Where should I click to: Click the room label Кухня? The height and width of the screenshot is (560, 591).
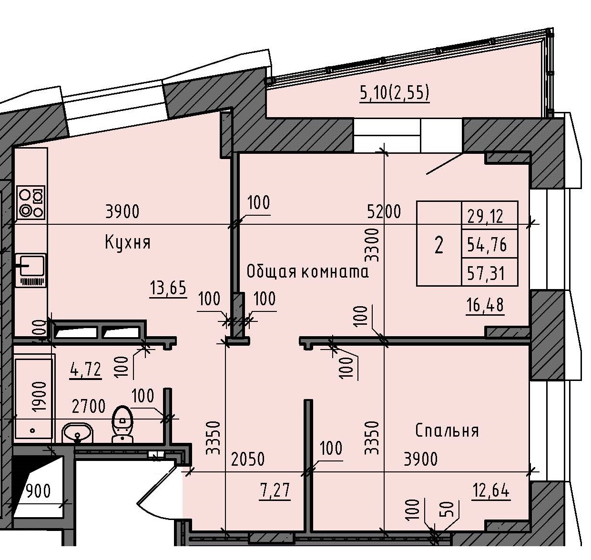coord(127,243)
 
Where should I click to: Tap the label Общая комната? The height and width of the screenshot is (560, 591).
coord(307,272)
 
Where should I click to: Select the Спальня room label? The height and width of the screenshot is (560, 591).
coord(447,430)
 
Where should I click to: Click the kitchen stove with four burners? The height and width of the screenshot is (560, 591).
coord(31,202)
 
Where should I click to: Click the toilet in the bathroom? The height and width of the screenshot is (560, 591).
coord(123,424)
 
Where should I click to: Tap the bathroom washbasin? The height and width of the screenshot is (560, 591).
coord(77,433)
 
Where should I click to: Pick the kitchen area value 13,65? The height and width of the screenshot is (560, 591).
coord(168,289)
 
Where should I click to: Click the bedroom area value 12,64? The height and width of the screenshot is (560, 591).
coord(491,490)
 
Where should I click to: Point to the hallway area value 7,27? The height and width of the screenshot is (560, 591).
coord(275,490)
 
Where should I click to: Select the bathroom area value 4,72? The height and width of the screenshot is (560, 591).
coord(85,370)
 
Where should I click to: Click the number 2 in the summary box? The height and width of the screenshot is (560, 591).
coord(439,245)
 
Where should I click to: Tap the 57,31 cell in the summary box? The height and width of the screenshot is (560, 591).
coord(486,274)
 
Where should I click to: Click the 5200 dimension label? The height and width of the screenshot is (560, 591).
coord(384,211)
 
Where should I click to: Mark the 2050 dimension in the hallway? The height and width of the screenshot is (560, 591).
coord(247,460)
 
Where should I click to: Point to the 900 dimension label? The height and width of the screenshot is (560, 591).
coord(38,491)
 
